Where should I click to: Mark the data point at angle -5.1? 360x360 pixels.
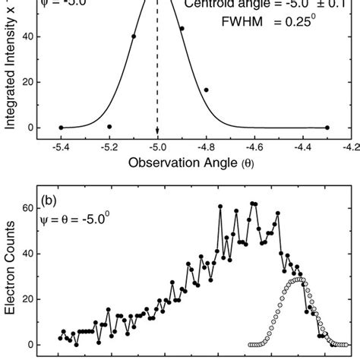pyautogui.click(x=134, y=57)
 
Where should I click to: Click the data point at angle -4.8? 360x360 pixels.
pyautogui.click(x=206, y=90)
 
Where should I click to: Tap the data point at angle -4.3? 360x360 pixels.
pyautogui.click(x=327, y=128)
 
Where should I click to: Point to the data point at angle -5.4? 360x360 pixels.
pyautogui.click(x=61, y=128)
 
